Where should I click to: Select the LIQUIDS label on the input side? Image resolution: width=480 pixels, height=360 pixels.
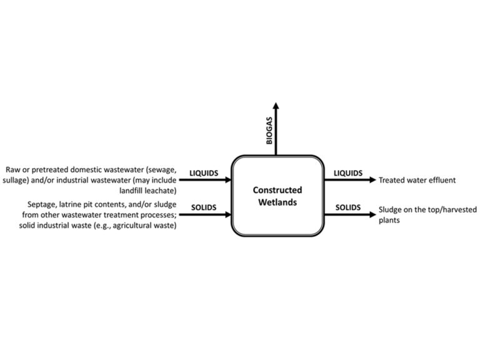tap(203, 172)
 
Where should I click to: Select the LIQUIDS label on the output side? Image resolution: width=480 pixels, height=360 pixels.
tap(349, 172)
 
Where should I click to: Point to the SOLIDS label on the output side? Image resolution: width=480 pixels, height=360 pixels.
tap(349, 207)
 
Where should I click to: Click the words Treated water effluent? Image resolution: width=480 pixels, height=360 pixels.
tap(417, 180)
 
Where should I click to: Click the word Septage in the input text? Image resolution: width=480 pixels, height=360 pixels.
tap(42, 205)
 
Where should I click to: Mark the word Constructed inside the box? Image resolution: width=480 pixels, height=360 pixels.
tap(277, 190)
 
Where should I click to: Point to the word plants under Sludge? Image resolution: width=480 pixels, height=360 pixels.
tap(391, 220)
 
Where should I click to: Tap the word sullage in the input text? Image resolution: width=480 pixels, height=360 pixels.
tap(19, 180)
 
